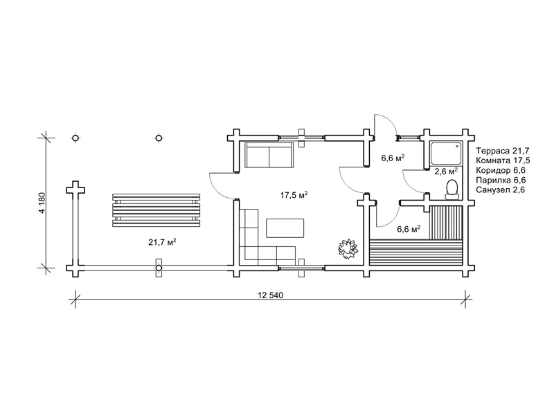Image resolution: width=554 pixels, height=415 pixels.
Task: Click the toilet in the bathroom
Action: point(452,189)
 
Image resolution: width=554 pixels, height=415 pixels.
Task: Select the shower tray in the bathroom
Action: point(446,154)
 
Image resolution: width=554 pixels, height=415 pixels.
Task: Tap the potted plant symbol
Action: point(348,248)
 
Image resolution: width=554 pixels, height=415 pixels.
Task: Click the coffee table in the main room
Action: point(285,228)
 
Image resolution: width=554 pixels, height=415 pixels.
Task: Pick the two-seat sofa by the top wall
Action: point(269,154)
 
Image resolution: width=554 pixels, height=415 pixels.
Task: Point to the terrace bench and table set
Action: point(157,210)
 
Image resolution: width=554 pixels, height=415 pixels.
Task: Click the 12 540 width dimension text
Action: point(271,295)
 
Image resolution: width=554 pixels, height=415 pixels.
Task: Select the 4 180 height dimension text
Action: point(42,203)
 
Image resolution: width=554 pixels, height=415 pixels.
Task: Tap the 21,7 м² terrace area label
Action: point(162,242)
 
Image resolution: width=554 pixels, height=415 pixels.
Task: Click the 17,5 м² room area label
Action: point(294,195)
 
